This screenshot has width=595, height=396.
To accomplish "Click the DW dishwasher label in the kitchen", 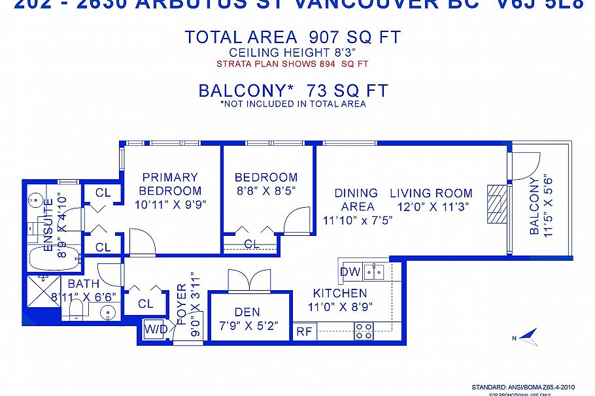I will point(349,271).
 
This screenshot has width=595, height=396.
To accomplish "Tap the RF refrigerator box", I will point(303,331).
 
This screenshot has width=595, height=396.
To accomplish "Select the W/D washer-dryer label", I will point(156,328).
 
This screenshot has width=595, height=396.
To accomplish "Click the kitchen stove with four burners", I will point(364,330).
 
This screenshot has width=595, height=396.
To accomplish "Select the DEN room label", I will point(248,311).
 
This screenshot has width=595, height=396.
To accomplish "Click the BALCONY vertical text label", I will point(534,205).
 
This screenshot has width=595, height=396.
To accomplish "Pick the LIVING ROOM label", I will point(431,193).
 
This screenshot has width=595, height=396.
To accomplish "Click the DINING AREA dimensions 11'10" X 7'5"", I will point(358,220).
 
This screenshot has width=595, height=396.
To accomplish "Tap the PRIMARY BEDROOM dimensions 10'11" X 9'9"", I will point(170,204).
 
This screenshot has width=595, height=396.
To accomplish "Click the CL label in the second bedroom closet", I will point(252,244).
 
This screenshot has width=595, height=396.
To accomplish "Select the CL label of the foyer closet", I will point(145,304).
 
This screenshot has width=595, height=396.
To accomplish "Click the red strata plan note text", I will point(292,64).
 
